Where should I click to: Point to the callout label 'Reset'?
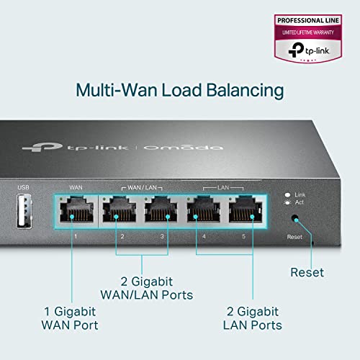point(307,272)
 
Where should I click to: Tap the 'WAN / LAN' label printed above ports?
point(141,187)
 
